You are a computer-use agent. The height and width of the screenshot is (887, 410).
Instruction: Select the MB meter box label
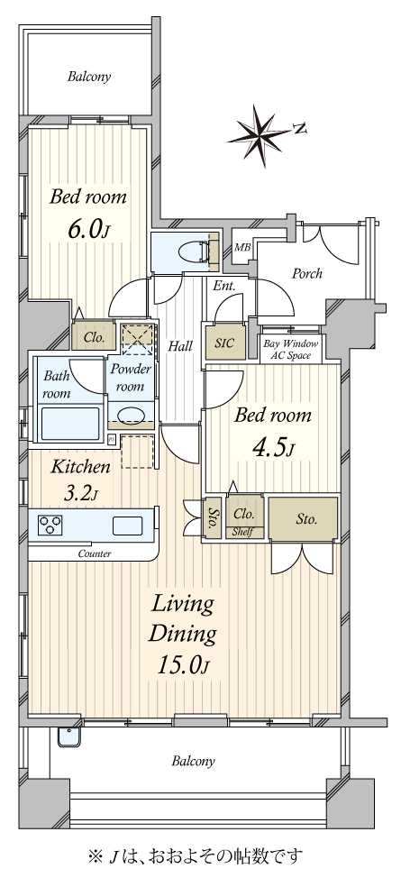[242, 247]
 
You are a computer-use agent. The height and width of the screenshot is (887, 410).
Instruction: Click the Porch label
[306, 273]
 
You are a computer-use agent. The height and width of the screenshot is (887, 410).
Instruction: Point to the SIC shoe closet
[225, 343]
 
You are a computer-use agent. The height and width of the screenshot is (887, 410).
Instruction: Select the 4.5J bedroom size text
[273, 447]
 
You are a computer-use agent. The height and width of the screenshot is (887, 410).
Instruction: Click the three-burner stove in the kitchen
[50, 525]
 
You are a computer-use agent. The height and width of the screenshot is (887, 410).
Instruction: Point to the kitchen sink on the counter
[129, 526]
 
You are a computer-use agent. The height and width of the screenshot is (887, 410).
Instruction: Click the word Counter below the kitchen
[94, 553]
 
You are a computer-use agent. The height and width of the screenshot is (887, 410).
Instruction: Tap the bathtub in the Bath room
[69, 422]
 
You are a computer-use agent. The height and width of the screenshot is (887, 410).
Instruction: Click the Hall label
[181, 345]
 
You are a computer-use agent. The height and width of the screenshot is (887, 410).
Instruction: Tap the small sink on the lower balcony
[70, 737]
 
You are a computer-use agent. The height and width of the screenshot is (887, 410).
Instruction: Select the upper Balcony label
[89, 77]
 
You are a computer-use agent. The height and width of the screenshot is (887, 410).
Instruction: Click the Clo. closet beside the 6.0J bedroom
[94, 338]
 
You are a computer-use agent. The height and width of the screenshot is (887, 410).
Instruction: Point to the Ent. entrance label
[224, 287]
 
